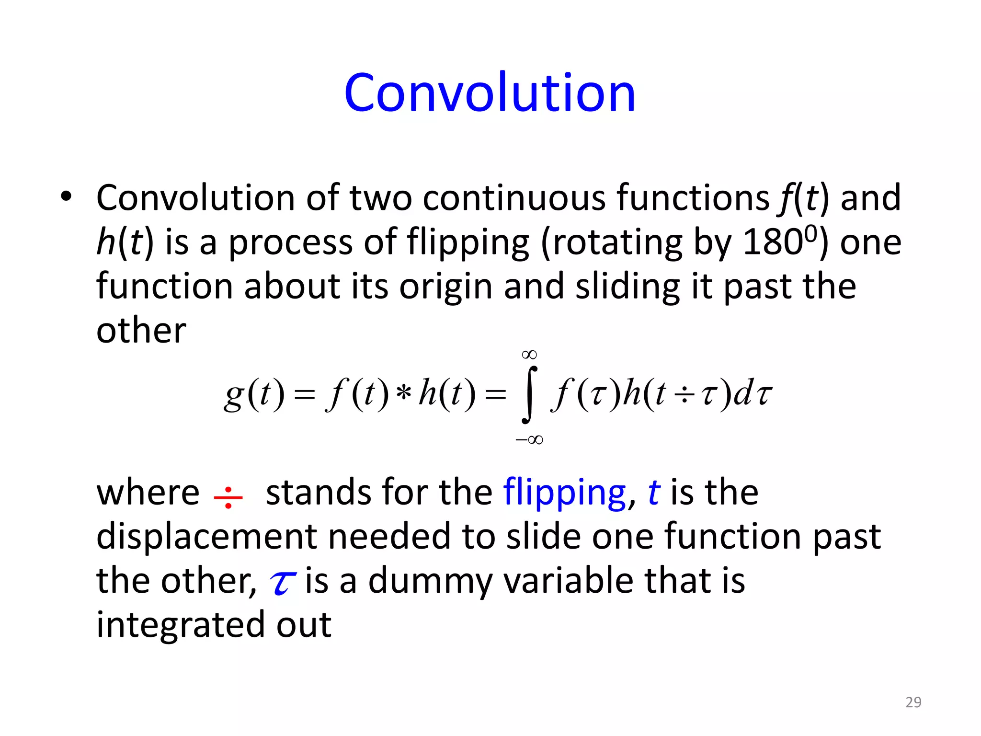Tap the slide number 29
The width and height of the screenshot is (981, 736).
click(x=913, y=702)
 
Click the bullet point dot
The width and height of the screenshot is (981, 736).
click(x=66, y=196)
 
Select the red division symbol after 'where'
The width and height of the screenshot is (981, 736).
click(x=228, y=497)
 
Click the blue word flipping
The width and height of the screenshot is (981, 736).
click(x=564, y=493)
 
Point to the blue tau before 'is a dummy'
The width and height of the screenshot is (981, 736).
click(x=283, y=583)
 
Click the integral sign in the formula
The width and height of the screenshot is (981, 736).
click(x=529, y=395)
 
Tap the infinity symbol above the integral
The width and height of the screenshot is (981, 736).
click(x=529, y=355)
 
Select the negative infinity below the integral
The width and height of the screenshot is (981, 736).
click(x=529, y=439)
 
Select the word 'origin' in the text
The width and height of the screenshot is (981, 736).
click(x=446, y=287)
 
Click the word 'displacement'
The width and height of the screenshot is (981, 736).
click(x=206, y=536)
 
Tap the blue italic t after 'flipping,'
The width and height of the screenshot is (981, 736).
click(x=654, y=493)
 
